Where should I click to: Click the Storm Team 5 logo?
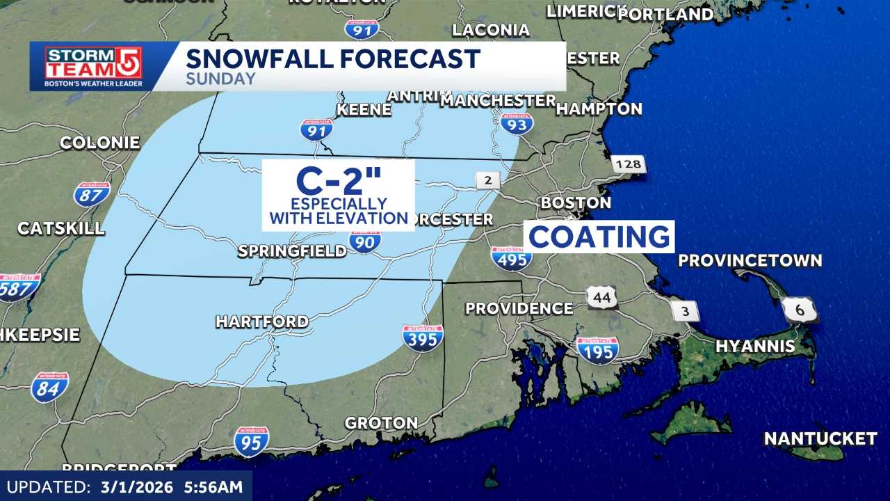(x=93, y=66)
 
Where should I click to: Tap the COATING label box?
(x=599, y=237)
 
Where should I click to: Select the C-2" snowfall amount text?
(x=339, y=181)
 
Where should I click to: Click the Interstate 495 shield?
(x=512, y=257)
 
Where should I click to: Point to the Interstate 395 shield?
(x=423, y=337)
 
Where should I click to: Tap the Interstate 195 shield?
(x=597, y=350)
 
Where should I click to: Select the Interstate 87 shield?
(x=92, y=194)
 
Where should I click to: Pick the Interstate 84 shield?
(x=49, y=387)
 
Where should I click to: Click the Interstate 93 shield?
(x=517, y=123)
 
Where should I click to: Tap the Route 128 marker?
(x=629, y=165)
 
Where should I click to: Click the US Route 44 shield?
(x=601, y=297)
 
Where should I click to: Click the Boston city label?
(x=576, y=203)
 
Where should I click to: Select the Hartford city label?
(x=262, y=321)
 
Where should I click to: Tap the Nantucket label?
(x=820, y=439)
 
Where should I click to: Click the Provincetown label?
(x=750, y=261)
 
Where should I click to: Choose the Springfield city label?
(x=292, y=251)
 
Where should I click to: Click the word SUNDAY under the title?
(x=220, y=79)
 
